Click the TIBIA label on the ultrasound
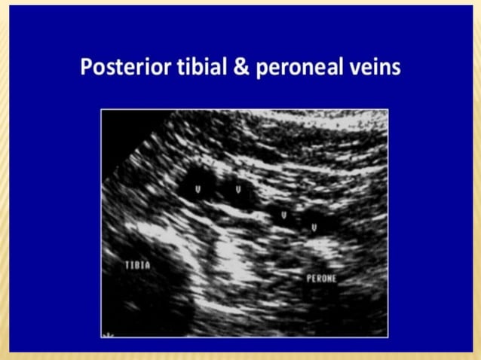click(138, 265)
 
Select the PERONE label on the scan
click(321, 279)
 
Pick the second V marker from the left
click(239, 189)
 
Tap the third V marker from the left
click(283, 215)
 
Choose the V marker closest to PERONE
click(314, 226)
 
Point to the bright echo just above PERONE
click(321, 244)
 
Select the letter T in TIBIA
click(127, 265)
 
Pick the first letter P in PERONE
click(308, 279)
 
